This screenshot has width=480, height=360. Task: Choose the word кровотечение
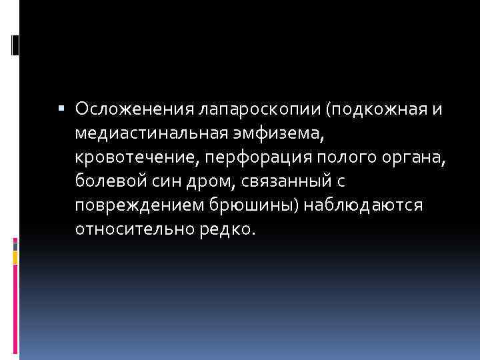(x=130, y=156)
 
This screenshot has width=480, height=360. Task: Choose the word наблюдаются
(x=363, y=204)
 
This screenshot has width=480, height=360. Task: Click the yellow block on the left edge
(x=15, y=256)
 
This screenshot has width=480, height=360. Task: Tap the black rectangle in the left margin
(x=15, y=45)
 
